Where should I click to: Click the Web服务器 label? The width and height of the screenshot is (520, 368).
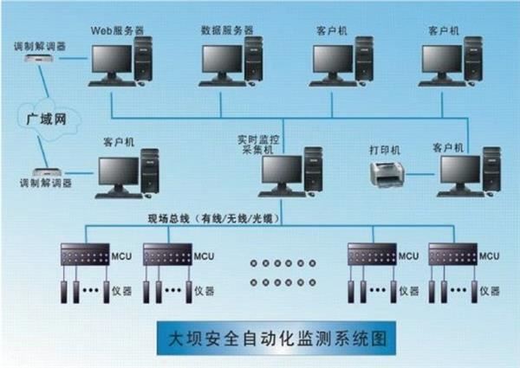coord(116,29)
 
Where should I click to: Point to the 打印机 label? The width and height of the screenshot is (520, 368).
coord(385,149)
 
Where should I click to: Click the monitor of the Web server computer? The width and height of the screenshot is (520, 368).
coord(109,59)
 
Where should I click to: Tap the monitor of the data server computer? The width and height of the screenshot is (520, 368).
coord(222,59)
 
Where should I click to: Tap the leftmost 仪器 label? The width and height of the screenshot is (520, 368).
coord(122,291)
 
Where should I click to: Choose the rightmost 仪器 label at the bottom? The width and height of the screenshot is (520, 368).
coord(491,291)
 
